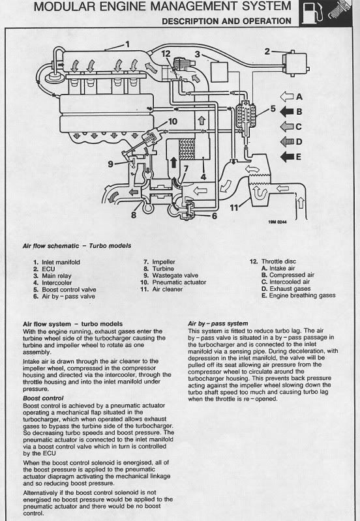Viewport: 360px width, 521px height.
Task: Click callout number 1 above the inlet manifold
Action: [128, 44]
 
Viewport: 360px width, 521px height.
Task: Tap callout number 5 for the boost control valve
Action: [273, 109]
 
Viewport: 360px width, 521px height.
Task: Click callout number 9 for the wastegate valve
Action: [111, 163]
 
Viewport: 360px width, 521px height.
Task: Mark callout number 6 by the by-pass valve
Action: [215, 233]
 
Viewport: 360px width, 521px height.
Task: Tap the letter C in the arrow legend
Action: [299, 127]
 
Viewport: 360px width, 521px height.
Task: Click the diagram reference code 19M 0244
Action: [277, 240]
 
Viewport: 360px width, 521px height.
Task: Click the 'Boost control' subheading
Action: [43, 397]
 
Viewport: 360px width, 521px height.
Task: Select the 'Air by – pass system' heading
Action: [217, 323]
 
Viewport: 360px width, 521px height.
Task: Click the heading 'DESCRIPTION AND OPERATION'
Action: [226, 21]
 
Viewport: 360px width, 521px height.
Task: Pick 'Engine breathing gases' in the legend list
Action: [301, 295]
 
